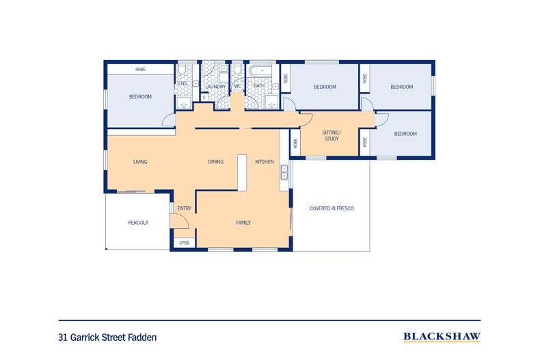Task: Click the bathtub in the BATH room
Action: [x=262, y=71]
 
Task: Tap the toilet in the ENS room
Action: [x=182, y=70]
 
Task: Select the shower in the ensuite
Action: [x=184, y=102]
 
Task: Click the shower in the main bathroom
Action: [x=272, y=102]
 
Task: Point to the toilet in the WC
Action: [x=237, y=70]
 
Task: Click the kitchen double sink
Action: [x=284, y=172]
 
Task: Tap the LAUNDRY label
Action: [x=215, y=87]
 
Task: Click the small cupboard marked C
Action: [x=204, y=98]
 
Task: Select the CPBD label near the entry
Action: [x=185, y=243]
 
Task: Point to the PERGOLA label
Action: [x=138, y=223]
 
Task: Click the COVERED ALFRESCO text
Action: [x=332, y=208]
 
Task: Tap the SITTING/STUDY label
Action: [x=332, y=136]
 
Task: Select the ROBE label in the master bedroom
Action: [x=141, y=69]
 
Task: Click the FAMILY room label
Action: [x=243, y=223]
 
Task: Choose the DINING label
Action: [x=216, y=162]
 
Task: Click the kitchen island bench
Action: [x=242, y=173]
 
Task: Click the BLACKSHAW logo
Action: [x=442, y=337]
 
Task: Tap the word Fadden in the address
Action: [x=142, y=337]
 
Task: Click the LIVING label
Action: [x=140, y=162]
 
